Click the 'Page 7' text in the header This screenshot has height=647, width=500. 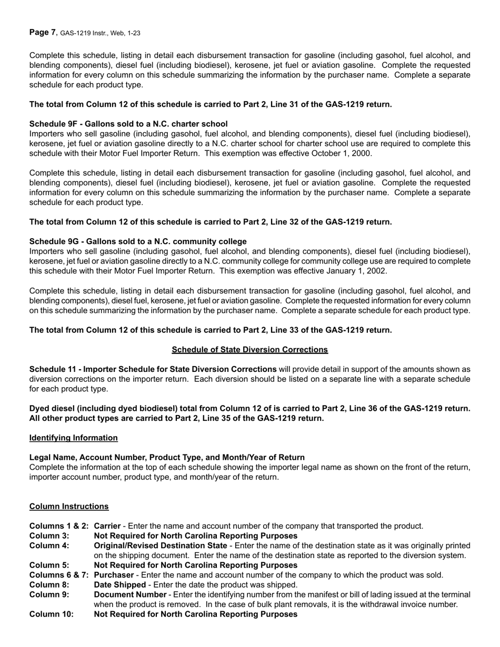(x=42, y=33)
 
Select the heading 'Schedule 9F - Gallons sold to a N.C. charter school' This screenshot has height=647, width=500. (x=128, y=124)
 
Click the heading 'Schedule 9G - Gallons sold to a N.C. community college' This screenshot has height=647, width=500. (x=138, y=241)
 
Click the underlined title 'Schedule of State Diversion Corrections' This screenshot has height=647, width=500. (x=249, y=350)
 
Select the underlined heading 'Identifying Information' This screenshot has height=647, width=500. (x=74, y=438)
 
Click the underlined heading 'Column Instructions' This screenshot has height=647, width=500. (x=69, y=507)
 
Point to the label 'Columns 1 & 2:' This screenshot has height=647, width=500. (x=59, y=526)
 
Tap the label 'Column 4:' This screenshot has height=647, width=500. (x=49, y=545)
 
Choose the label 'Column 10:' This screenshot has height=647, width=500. (x=51, y=614)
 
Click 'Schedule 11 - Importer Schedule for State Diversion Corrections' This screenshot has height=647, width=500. (x=153, y=369)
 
